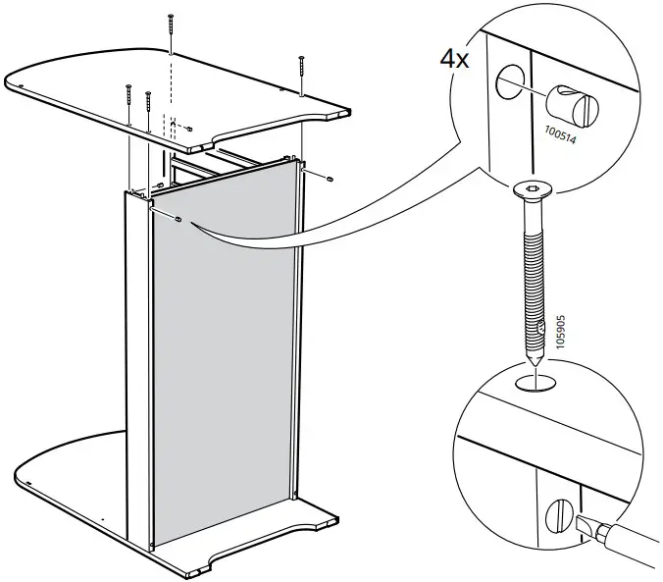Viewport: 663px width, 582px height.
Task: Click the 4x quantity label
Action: (453, 57)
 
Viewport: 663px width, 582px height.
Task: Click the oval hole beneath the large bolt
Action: (535, 379)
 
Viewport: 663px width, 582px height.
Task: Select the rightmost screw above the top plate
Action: (301, 74)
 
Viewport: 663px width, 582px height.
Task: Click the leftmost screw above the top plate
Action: (128, 97)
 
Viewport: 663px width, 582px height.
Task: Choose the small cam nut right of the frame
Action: (331, 179)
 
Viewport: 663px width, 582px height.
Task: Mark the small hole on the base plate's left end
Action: (32, 482)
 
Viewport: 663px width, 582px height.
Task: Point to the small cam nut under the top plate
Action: (189, 129)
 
